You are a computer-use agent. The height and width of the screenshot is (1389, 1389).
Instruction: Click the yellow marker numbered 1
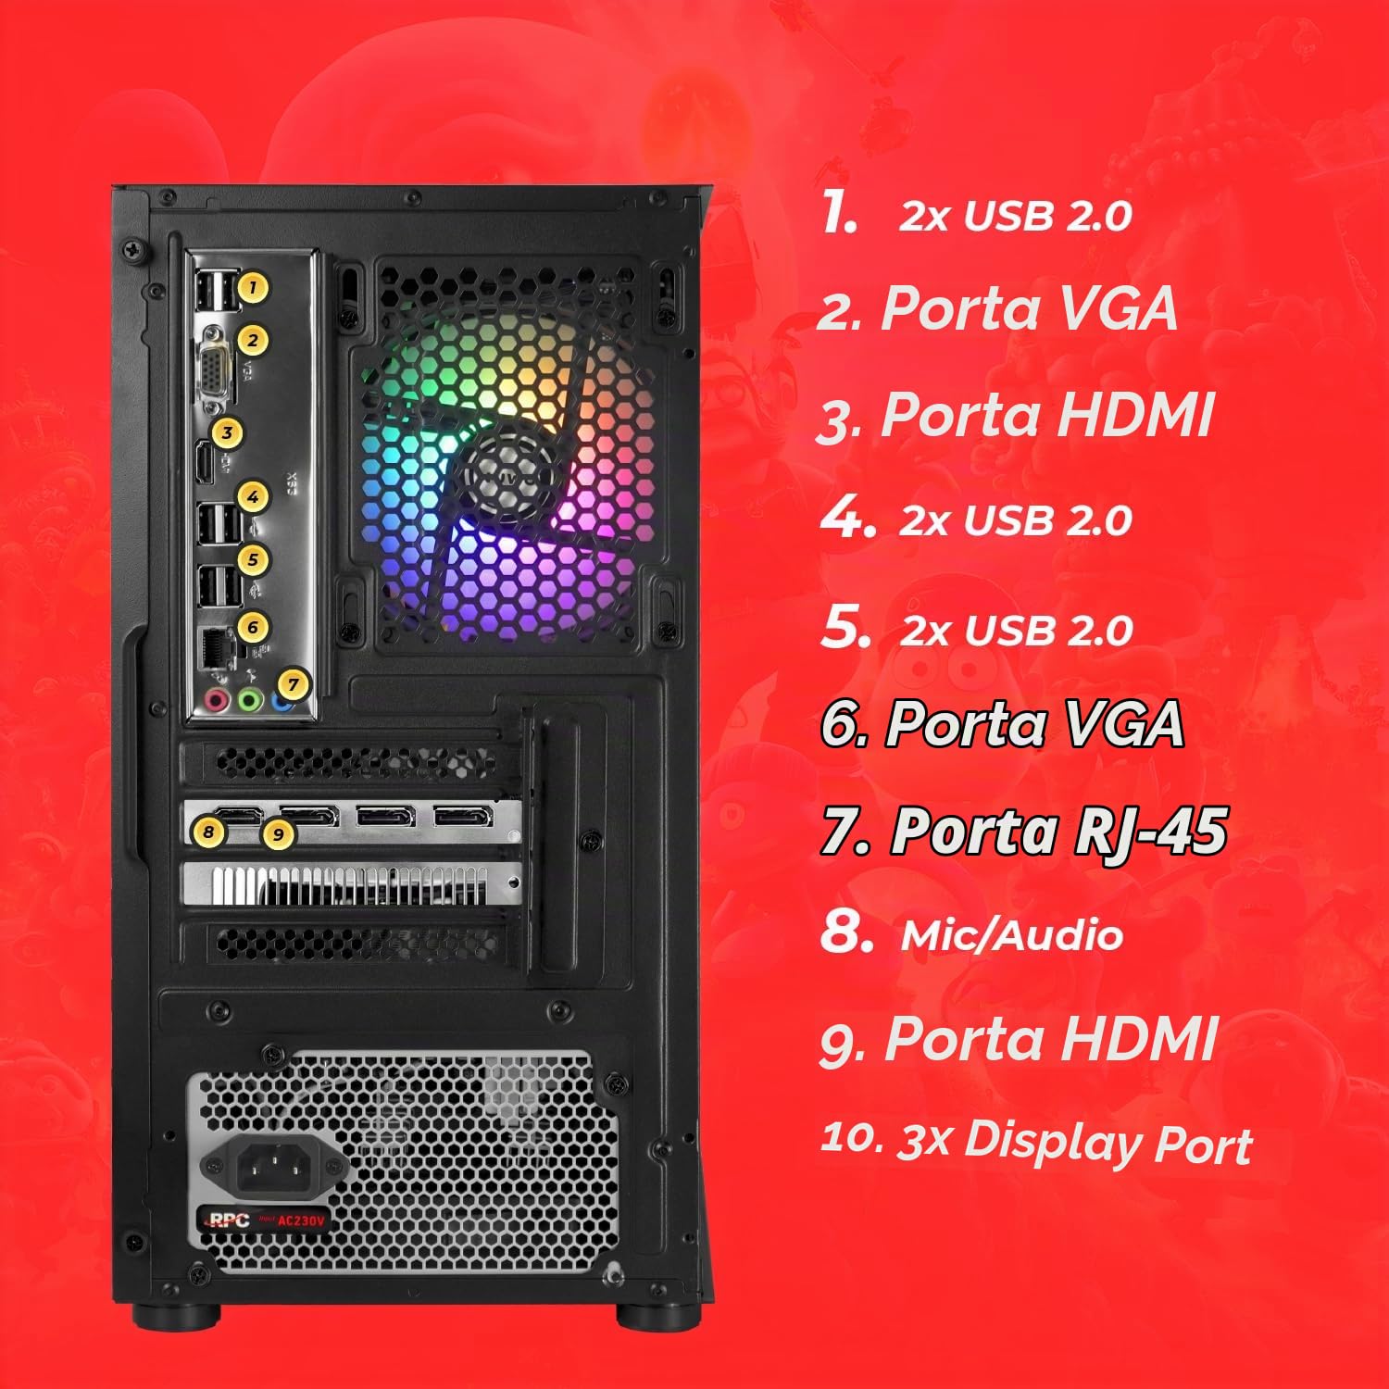[x=252, y=287]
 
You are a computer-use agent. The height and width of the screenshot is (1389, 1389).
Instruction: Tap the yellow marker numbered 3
[x=227, y=432]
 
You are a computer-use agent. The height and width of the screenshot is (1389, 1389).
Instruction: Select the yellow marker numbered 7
[x=293, y=684]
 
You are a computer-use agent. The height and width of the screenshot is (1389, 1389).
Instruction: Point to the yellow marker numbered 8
[x=208, y=832]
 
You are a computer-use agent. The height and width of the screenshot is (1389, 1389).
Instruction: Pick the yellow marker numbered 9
[x=278, y=834]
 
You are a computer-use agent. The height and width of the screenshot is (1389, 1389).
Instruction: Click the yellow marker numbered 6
[x=252, y=627]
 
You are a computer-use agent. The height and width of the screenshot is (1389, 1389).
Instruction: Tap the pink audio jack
[x=217, y=700]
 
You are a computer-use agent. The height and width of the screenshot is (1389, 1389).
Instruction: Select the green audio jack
[x=248, y=700]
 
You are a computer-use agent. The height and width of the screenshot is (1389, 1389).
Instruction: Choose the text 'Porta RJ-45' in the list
[x=1058, y=831]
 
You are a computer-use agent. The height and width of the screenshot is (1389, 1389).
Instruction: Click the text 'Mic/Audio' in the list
[x=1012, y=935]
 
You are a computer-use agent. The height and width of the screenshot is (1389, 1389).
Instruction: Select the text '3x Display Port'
[x=1075, y=1142]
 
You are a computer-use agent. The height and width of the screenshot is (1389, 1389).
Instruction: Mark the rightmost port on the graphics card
[x=464, y=817]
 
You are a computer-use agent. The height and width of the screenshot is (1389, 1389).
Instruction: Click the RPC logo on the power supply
[x=226, y=1220]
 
